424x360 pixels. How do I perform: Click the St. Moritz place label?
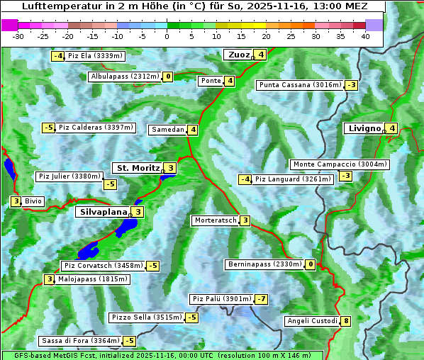(x=138, y=168)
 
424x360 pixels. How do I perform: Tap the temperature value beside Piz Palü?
(x=262, y=299)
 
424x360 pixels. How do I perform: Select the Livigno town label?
(x=364, y=128)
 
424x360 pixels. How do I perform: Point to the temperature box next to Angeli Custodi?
(x=345, y=321)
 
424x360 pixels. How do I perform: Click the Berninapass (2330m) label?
(x=264, y=264)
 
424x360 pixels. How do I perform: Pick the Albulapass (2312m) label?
(x=125, y=77)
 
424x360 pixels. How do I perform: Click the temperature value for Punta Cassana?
(x=351, y=85)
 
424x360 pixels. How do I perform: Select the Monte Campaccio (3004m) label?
(x=340, y=164)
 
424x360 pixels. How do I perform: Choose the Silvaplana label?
(x=103, y=211)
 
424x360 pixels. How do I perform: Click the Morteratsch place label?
(x=215, y=220)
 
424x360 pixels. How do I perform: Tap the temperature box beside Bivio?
(x=16, y=201)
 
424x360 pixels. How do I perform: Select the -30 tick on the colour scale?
(x=18, y=35)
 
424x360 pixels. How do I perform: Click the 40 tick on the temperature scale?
(x=364, y=35)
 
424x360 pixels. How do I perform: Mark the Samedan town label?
(x=167, y=130)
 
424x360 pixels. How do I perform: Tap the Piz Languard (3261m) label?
(x=293, y=179)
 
